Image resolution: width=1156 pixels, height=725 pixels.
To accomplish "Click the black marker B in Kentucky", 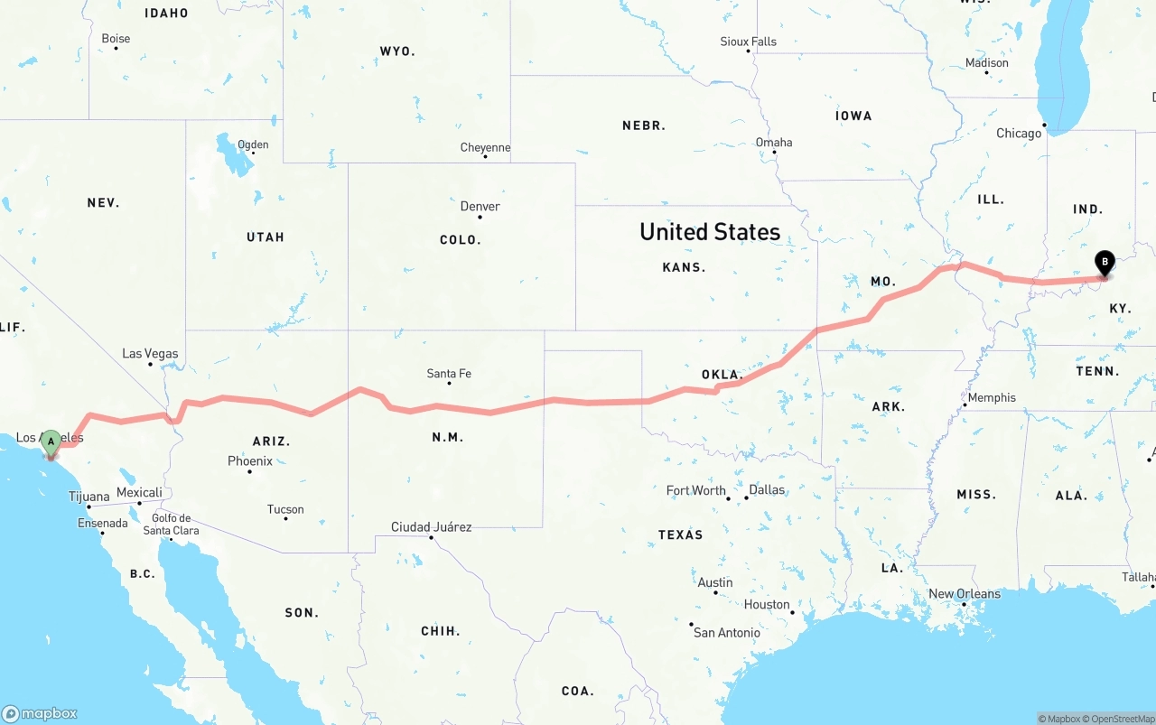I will [x=1104, y=264].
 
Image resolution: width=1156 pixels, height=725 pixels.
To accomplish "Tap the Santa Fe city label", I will [x=449, y=373].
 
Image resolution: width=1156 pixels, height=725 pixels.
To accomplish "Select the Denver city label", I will [x=480, y=206].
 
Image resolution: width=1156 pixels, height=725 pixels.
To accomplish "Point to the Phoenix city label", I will [x=250, y=460].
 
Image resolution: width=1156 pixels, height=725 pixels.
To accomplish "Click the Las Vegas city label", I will [x=150, y=353].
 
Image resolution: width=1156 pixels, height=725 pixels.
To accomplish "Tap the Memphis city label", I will [x=992, y=397].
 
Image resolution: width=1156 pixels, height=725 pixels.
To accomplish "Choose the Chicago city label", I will [x=1019, y=133].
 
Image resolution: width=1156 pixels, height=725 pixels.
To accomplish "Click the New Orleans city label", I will [x=965, y=593].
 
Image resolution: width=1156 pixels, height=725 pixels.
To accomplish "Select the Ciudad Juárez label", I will [x=431, y=526].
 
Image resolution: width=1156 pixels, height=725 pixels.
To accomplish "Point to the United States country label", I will [x=710, y=231].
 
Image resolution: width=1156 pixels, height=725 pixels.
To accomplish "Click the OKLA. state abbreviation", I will [x=722, y=374].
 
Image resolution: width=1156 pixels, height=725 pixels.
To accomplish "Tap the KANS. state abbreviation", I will [x=684, y=267].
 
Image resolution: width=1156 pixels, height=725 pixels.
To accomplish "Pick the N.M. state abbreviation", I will [x=448, y=437].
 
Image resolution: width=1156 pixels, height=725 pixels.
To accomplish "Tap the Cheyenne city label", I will [x=485, y=147].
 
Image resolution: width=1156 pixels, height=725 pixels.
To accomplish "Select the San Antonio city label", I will [x=726, y=632].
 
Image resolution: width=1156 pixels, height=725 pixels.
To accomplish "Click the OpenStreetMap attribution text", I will [x=1123, y=719].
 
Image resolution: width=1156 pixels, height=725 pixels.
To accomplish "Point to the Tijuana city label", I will [x=89, y=497].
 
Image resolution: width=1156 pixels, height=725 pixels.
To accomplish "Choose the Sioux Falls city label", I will [x=748, y=42].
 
